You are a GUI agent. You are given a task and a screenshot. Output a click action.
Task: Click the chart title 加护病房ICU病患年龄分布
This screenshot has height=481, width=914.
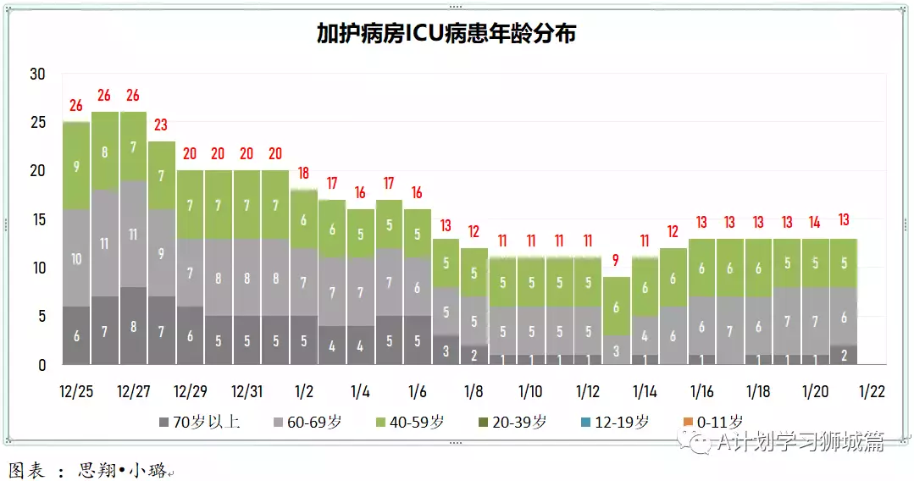[446, 34]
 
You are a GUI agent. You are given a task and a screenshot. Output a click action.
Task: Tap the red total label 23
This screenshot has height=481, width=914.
[161, 125]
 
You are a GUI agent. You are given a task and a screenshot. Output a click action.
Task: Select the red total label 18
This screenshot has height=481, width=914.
[303, 174]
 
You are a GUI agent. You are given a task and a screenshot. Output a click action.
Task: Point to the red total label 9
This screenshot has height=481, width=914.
[616, 261]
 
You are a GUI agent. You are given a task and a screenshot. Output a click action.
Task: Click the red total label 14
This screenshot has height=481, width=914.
[815, 222]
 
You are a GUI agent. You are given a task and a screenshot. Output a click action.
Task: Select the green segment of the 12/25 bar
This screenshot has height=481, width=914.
[76, 166]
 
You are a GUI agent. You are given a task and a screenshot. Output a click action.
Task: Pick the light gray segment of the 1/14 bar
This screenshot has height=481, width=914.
[645, 335]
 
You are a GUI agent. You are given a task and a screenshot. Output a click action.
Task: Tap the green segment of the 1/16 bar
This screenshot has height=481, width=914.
[701, 268]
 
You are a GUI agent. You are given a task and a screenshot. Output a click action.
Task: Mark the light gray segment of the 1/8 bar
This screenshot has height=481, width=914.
[474, 321]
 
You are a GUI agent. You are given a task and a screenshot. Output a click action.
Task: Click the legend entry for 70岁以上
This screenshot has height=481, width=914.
[199, 422]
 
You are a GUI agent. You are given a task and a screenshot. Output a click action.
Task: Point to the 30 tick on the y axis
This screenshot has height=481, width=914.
[37, 74]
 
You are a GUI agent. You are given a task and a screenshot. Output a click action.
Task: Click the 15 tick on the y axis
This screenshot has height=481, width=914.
[37, 219]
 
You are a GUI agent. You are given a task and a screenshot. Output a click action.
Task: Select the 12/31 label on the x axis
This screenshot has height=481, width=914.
[247, 392]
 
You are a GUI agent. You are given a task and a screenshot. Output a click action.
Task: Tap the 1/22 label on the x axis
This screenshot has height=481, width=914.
[872, 392]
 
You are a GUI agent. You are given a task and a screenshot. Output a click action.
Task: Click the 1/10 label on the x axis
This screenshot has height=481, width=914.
[530, 392]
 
